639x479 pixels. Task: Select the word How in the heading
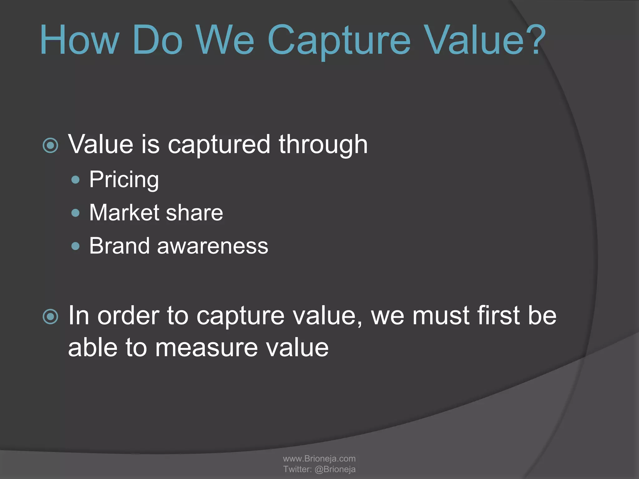pos(80,41)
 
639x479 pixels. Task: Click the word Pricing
pos(124,180)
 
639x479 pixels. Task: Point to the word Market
pos(124,213)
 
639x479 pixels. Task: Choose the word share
pos(194,213)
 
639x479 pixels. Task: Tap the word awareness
pos(212,246)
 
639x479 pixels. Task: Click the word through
pos(323,145)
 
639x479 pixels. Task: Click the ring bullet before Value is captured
pos(51,145)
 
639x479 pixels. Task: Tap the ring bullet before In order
pos(51,317)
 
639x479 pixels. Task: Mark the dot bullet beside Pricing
pos(76,180)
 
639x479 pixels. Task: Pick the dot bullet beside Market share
pos(76,213)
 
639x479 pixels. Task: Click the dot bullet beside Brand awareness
pos(76,246)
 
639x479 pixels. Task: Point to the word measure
pos(207,348)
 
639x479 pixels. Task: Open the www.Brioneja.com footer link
pos(319,458)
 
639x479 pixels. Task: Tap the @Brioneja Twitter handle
pos(335,469)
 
